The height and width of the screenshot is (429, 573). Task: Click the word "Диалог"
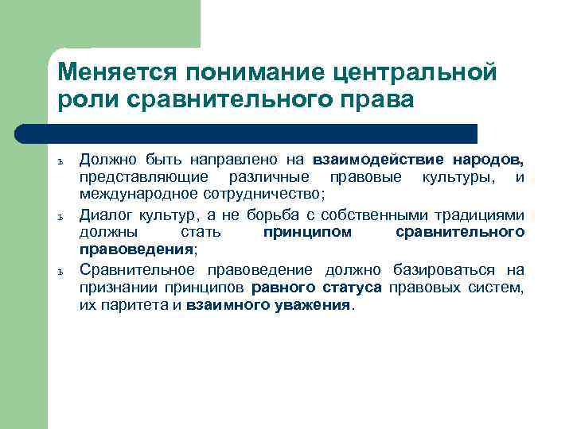[x=107, y=214]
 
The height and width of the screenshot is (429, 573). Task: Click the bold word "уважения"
[x=308, y=306]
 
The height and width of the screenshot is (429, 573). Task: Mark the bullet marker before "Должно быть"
[x=62, y=161]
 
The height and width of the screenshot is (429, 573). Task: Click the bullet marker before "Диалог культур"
[x=62, y=215]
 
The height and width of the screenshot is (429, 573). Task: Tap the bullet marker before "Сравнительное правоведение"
[x=62, y=271]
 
